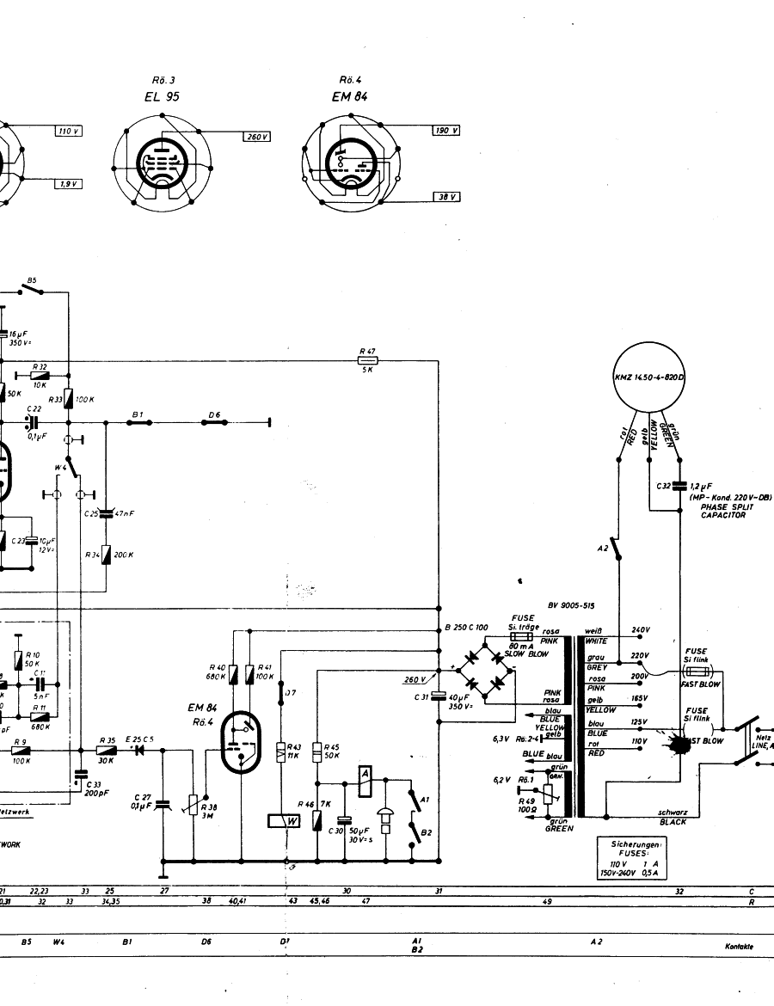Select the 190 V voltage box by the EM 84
[445, 131]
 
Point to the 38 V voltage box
[445, 197]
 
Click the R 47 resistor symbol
[367, 361]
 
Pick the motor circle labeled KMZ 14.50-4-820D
[655, 378]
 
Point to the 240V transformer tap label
[641, 630]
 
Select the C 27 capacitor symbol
[163, 803]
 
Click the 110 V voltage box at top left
[66, 131]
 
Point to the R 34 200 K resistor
[107, 555]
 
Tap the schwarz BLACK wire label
[673, 817]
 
